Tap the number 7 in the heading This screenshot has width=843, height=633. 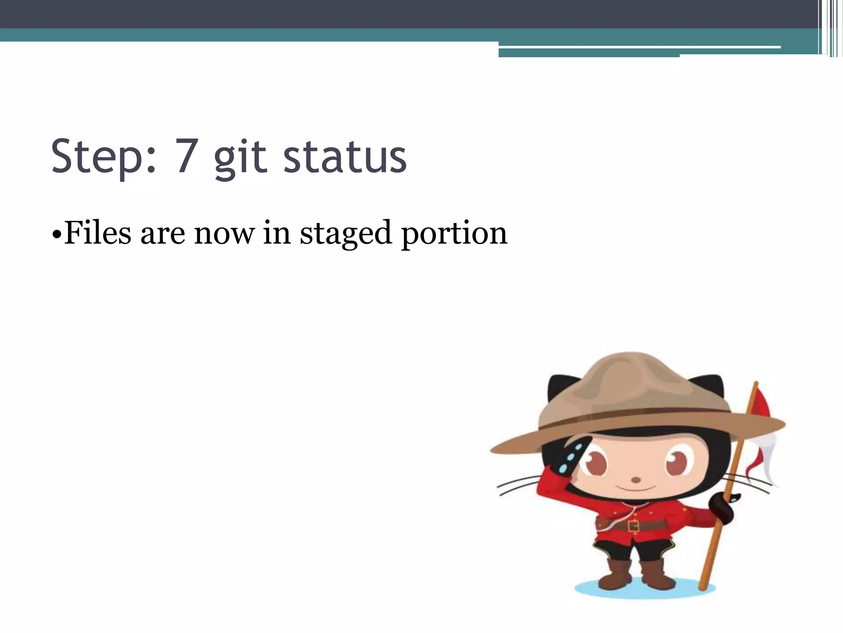click(186, 157)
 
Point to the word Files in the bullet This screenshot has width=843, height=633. click(98, 233)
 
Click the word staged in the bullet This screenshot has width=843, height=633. click(345, 234)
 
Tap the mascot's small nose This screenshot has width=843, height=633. click(636, 480)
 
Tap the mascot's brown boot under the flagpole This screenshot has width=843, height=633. click(657, 575)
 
